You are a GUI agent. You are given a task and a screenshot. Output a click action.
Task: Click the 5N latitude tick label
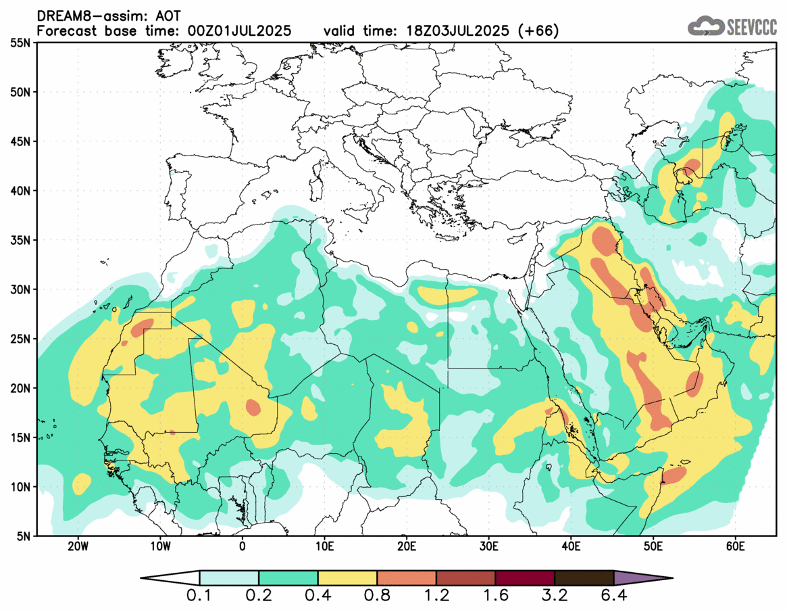point(24,536)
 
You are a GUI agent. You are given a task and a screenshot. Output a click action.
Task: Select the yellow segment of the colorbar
point(347,578)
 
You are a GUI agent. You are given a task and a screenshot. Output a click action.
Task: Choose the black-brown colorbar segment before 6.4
point(584,578)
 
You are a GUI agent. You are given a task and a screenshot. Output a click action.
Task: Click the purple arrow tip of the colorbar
point(642,578)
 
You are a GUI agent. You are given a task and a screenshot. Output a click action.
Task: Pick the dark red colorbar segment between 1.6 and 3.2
point(525,578)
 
